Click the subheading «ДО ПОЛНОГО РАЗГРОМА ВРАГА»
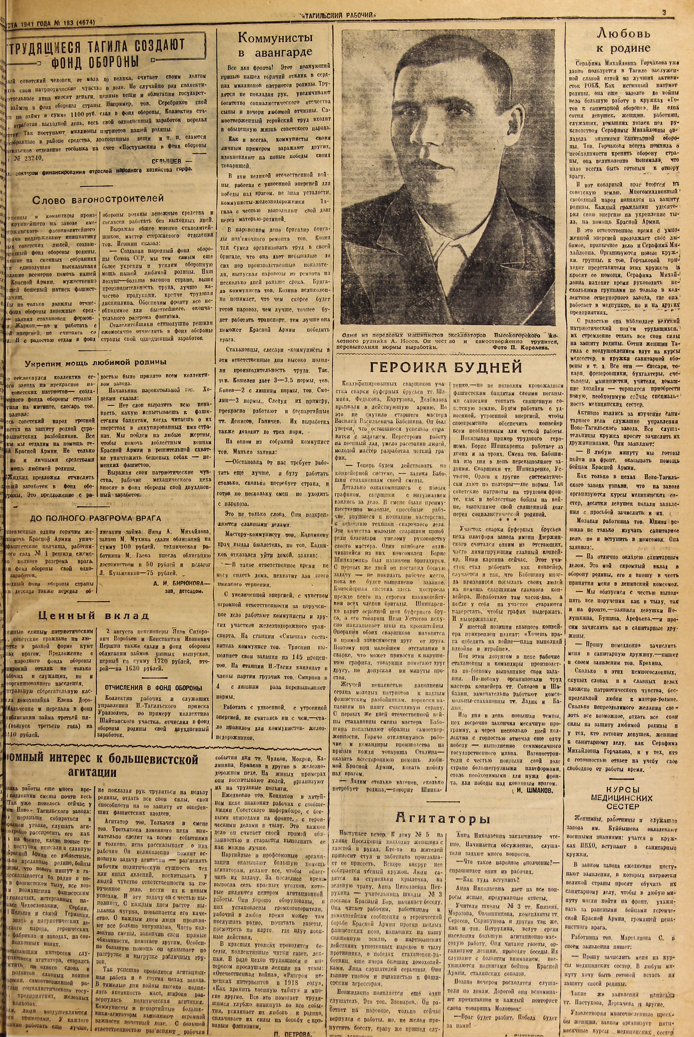click(x=95, y=519)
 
